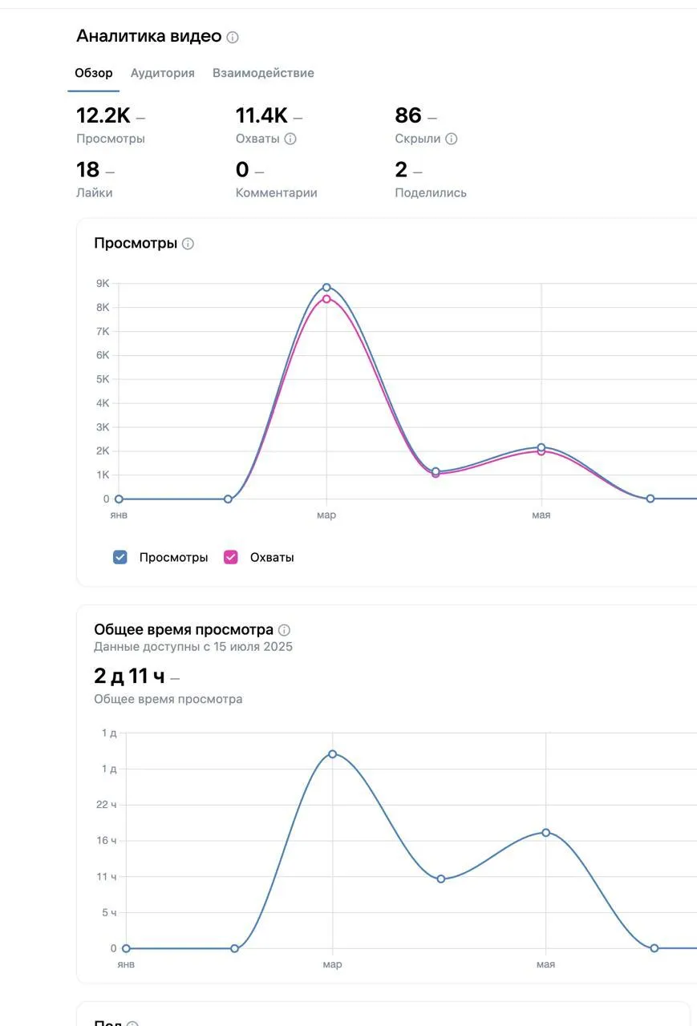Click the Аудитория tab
coord(163,73)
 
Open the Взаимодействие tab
coord(263,73)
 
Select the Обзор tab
coord(94,73)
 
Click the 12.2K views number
coord(103,115)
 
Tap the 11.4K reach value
coord(261,115)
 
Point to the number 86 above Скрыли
coord(407,115)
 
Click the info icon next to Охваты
coord(290,139)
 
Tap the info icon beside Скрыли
coord(452,139)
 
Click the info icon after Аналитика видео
coord(233,37)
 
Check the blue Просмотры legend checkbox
coord(120,557)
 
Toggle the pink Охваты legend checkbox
coord(230,557)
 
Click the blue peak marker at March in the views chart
coord(326,287)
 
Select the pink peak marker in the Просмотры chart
coord(326,299)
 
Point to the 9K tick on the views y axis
coord(103,284)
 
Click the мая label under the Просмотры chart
coord(541,515)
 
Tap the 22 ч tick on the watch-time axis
coord(107,805)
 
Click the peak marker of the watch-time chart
coord(333,754)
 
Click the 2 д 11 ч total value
coord(129,676)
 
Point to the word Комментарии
coord(277,193)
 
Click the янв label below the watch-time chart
coord(126,964)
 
